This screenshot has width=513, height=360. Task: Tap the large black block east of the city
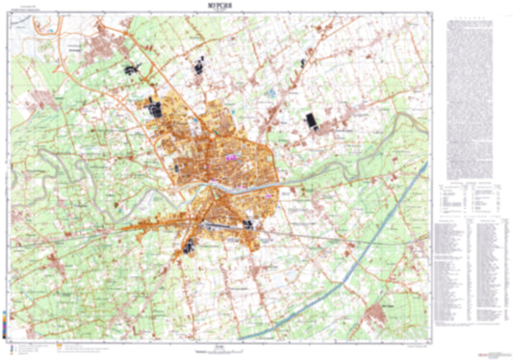[311, 121]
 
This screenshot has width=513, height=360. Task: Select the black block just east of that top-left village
[130, 69]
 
